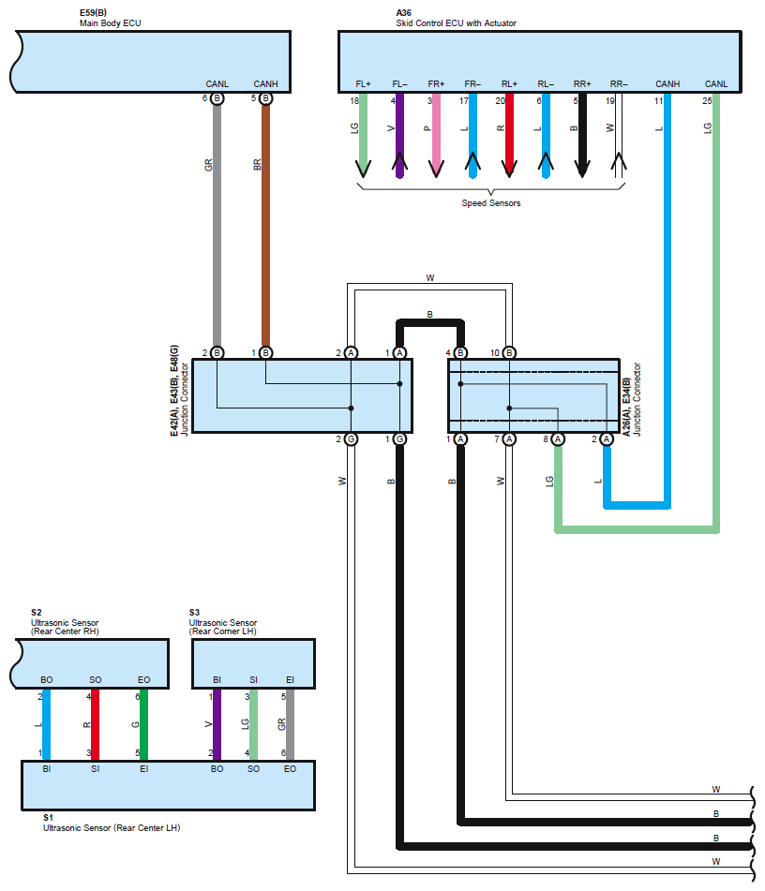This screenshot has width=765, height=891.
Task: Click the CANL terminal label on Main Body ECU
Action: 217,84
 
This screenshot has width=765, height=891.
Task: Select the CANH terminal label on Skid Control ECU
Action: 667,84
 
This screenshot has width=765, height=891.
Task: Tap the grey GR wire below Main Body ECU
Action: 217,226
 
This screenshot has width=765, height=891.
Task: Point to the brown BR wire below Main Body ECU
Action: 265,226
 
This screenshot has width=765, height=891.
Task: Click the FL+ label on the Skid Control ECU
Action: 363,84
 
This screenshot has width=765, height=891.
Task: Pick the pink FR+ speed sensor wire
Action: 436,135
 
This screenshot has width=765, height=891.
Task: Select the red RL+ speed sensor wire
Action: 510,135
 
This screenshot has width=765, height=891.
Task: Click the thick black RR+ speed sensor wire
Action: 582,135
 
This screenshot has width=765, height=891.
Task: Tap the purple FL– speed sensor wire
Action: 400,135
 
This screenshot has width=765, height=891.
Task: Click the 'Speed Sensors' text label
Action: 491,203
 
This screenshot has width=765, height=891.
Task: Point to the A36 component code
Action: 404,12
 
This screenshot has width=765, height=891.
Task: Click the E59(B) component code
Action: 93,12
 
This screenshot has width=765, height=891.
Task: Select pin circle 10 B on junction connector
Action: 510,353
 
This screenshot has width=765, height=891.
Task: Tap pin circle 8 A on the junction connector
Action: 558,438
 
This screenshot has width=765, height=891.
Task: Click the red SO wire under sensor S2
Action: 95,724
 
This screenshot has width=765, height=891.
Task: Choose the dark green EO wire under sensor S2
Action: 143,724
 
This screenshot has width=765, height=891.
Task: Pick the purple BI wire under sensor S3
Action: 217,724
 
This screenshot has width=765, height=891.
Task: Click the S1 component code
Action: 48,817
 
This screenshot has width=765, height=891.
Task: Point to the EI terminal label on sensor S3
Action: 290,679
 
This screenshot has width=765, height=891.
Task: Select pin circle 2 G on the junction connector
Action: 351,438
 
